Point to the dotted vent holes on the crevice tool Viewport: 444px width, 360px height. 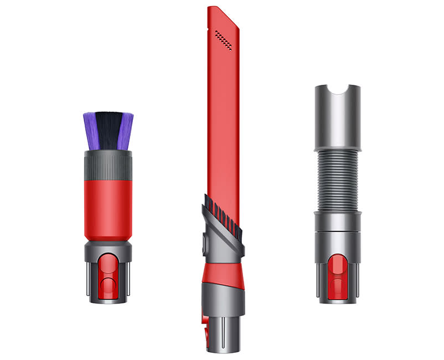click(223, 40)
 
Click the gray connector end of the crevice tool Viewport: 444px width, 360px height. click(221, 310)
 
